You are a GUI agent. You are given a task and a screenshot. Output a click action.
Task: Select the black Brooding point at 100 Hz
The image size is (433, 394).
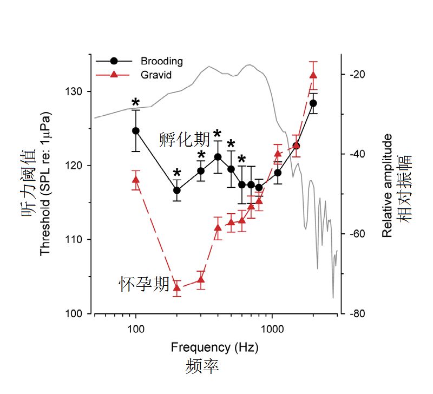(x=136, y=130)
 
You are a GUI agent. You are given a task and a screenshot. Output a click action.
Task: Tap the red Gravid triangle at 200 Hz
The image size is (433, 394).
(x=176, y=287)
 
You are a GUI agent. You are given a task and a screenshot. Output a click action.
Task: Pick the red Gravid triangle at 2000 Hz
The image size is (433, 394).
(x=313, y=75)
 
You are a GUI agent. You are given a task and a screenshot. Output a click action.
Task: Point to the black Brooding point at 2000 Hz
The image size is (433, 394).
(x=313, y=103)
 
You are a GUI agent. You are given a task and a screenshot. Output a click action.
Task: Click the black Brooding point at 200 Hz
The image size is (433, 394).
(x=176, y=190)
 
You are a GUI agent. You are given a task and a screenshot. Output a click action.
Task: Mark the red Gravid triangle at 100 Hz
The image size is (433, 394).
(x=136, y=180)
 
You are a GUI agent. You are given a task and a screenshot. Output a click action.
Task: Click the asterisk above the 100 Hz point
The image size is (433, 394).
(x=136, y=103)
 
